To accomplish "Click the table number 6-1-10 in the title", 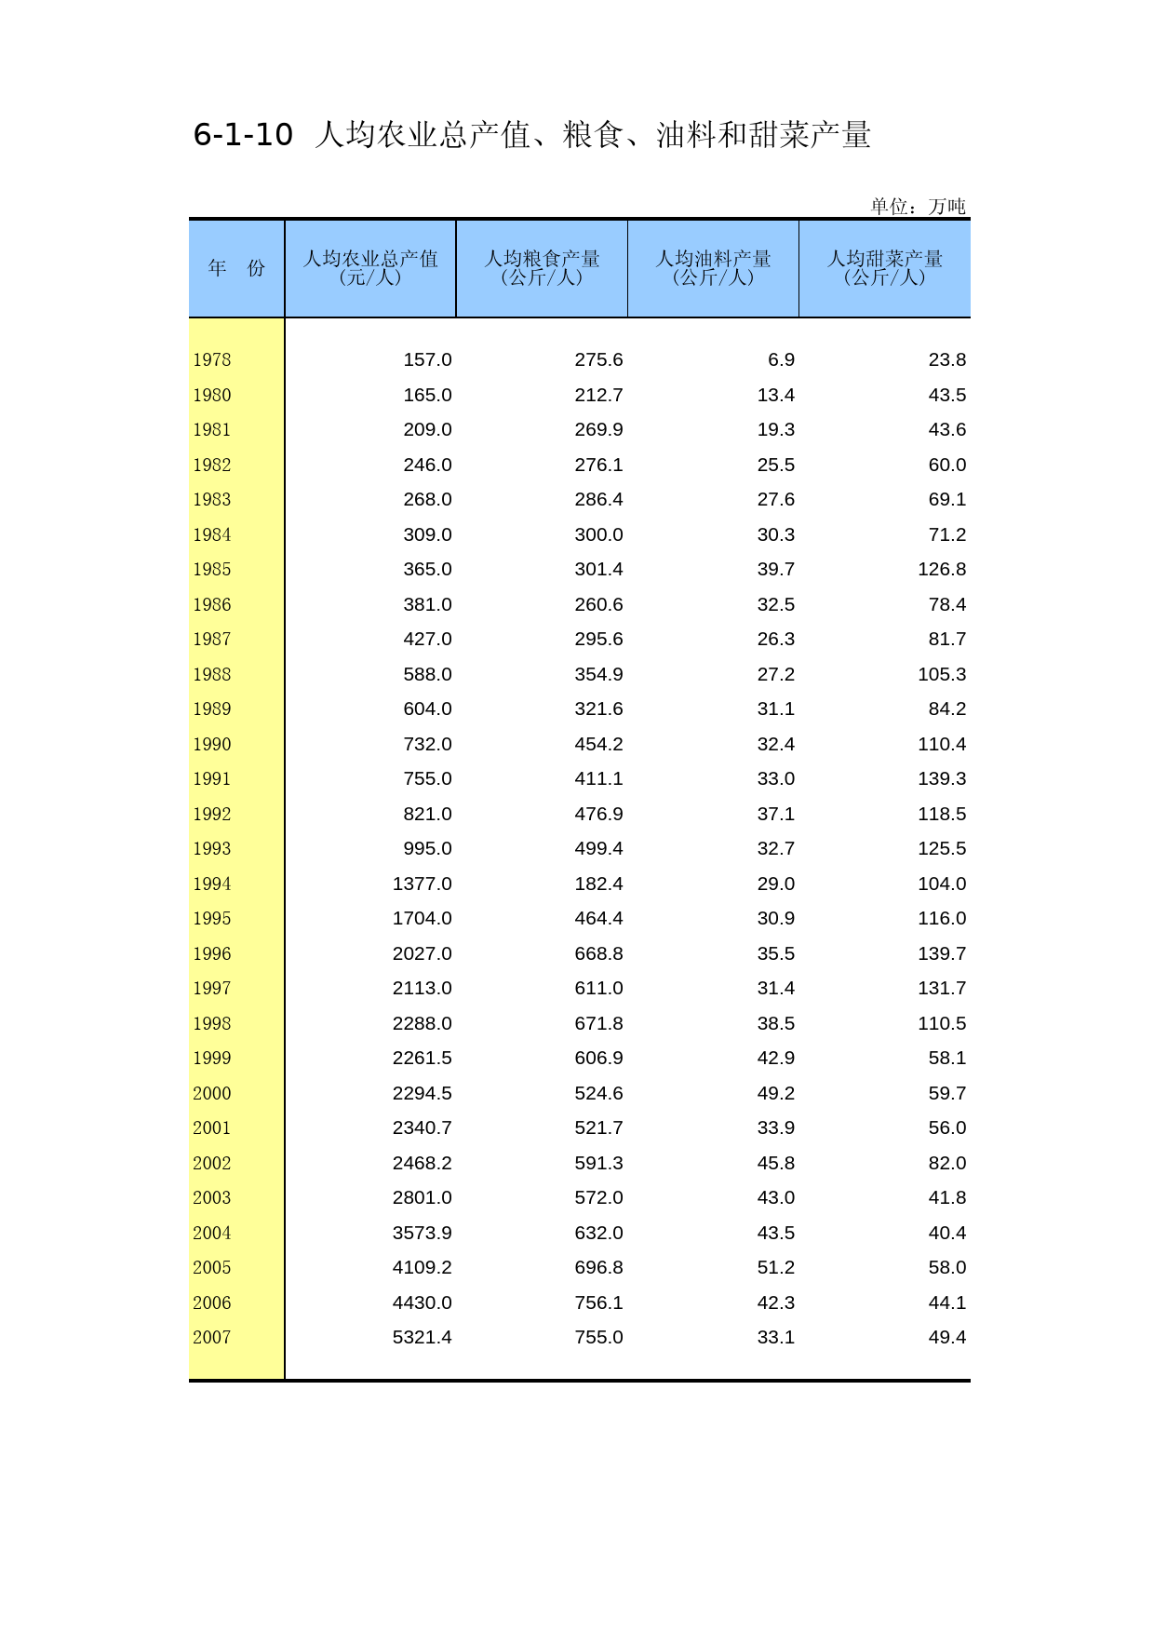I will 243,135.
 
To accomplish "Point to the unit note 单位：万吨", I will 918,206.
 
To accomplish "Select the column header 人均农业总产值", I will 370,259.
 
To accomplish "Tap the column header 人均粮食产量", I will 542,259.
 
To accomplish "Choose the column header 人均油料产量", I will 713,259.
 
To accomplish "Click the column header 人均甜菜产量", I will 885,259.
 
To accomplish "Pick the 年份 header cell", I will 236,268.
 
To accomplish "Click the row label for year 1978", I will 212,360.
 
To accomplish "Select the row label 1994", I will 212,884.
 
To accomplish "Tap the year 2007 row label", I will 212,1338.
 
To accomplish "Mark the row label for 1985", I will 212,570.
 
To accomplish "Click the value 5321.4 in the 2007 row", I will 422,1338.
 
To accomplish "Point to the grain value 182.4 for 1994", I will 598,884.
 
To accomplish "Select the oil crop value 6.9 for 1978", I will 781,360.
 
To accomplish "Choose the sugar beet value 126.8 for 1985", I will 942,570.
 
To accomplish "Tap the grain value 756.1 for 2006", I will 598,1302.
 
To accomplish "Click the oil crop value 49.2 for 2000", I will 775,1093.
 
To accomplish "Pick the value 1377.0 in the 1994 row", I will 422,884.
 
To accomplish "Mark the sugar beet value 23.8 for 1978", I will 947,360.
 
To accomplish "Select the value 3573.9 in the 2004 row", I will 422,1233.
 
